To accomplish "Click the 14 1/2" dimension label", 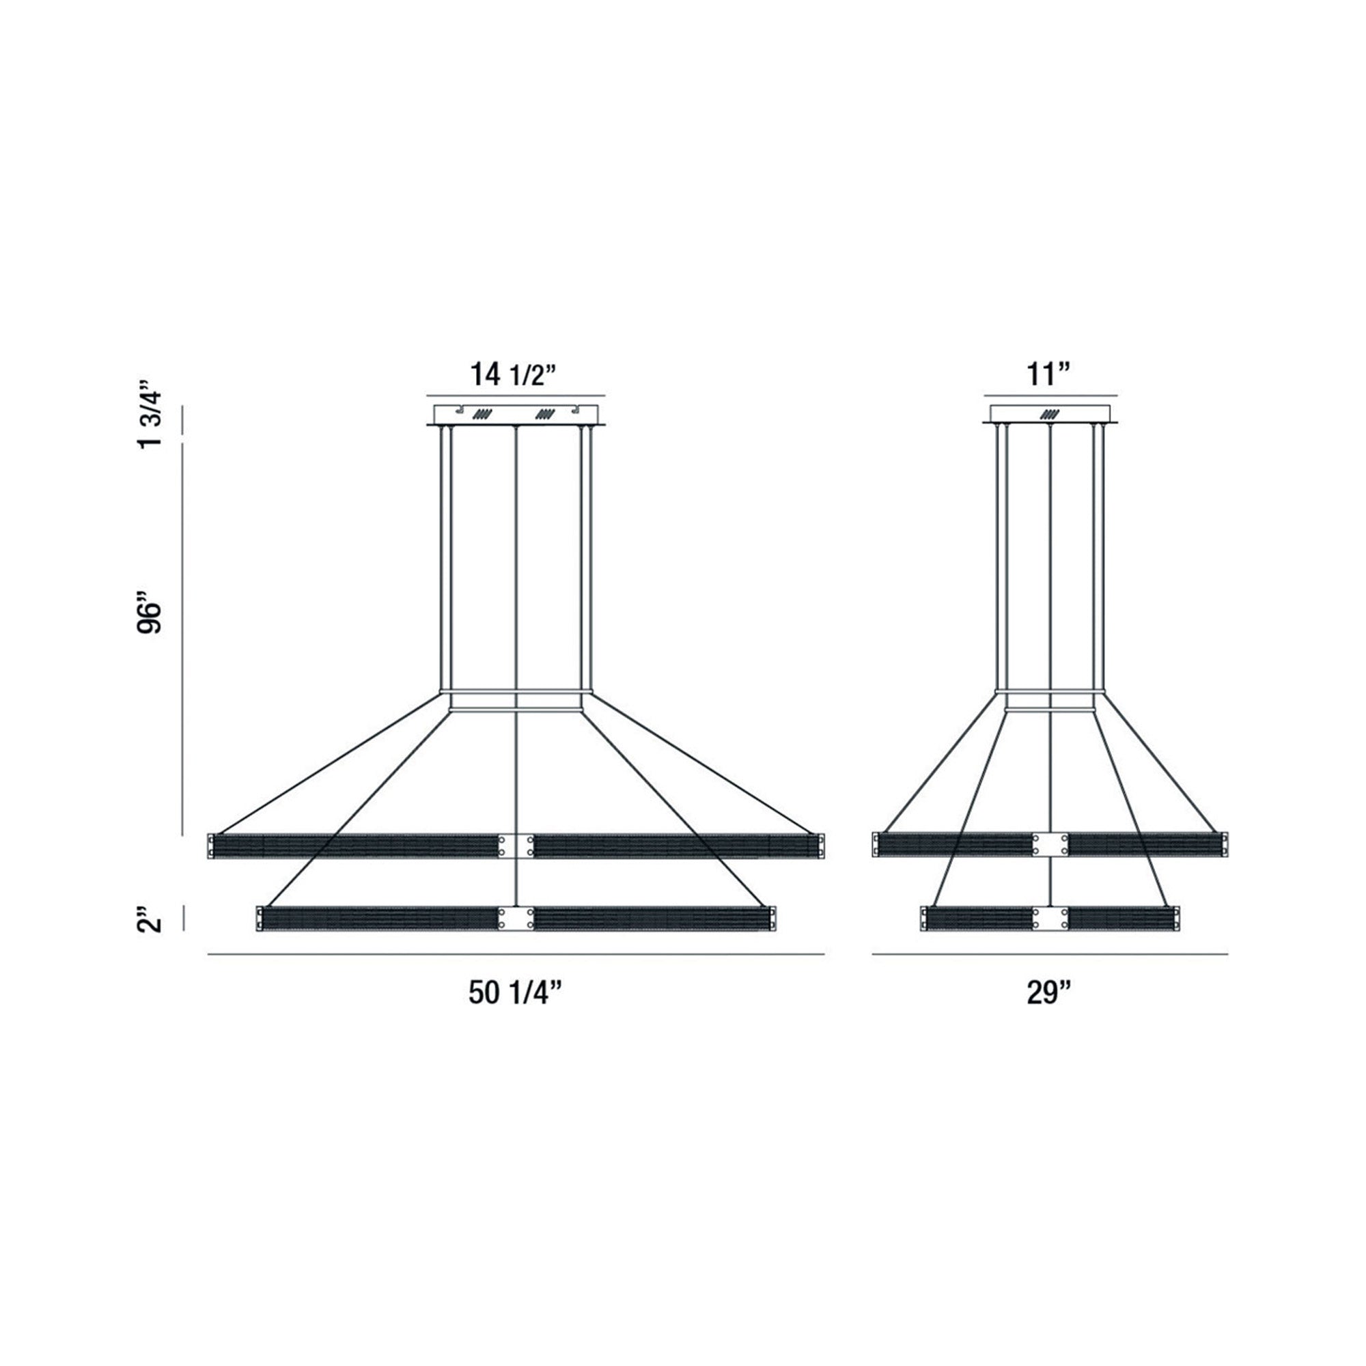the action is [x=515, y=374].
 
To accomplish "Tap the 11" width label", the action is [x=1050, y=374].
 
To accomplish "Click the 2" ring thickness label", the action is [x=150, y=919].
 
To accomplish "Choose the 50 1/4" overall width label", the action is [x=515, y=993].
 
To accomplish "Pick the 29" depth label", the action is [x=1049, y=993].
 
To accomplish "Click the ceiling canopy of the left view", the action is [x=516, y=415].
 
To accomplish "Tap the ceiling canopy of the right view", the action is [x=1050, y=415].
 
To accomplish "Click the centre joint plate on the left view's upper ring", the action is [x=516, y=846].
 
